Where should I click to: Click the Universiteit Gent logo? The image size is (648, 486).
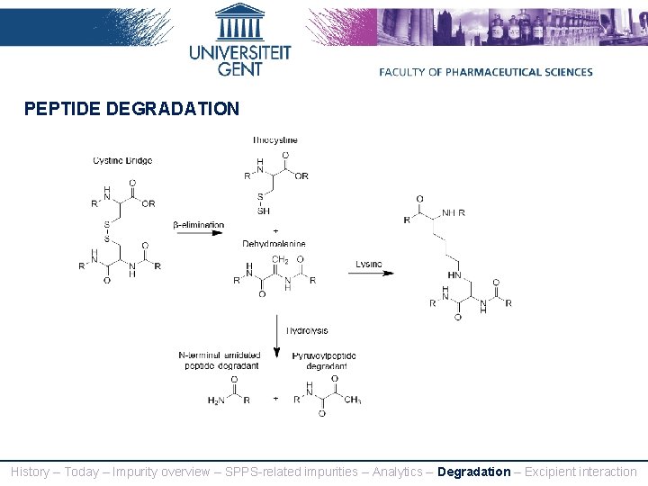(240, 40)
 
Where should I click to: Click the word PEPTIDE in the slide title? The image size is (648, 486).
(62, 110)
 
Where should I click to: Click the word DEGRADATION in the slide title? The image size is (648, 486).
(173, 110)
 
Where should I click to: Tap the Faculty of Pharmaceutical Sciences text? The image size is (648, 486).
(486, 72)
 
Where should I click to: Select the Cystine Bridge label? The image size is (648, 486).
(122, 161)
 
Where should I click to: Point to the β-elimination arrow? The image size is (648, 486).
(199, 233)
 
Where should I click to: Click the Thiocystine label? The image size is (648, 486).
(275, 140)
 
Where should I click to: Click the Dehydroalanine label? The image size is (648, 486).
(274, 244)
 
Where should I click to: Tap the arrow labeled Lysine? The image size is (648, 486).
(371, 273)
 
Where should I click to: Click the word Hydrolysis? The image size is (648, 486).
(307, 331)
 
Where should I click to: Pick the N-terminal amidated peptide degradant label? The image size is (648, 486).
(220, 361)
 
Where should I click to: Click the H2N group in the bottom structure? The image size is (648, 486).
(217, 401)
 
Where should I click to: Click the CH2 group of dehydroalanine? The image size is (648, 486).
(280, 259)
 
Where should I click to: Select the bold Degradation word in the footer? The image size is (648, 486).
(473, 472)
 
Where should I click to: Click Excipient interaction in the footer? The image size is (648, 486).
(580, 472)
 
